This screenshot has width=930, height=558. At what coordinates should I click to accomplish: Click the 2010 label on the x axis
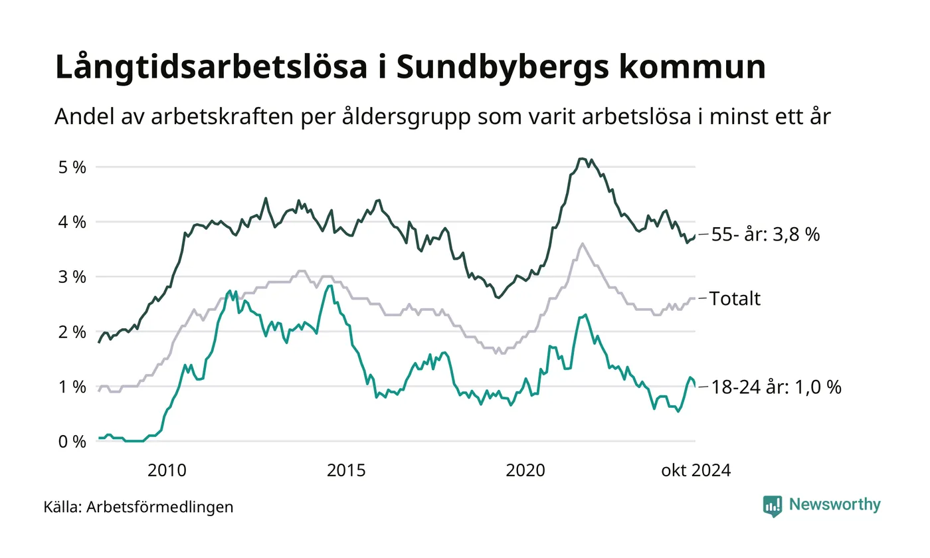[167, 471]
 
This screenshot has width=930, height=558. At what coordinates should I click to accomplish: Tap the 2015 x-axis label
[346, 471]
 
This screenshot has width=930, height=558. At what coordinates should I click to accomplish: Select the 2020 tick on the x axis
[525, 471]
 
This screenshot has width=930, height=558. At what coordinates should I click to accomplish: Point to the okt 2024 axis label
[696, 471]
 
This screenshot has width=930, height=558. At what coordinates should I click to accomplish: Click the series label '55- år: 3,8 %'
[765, 234]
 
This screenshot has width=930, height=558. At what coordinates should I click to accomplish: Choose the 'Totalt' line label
[735, 299]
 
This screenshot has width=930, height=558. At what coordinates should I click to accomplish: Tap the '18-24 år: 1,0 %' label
[776, 387]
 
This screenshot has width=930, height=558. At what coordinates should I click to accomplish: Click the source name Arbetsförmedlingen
[160, 508]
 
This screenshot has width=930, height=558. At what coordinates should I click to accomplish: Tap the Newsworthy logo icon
[773, 506]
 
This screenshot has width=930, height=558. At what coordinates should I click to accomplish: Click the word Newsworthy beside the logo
[834, 505]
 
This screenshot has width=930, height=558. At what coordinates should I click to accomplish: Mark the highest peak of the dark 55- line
[582, 159]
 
